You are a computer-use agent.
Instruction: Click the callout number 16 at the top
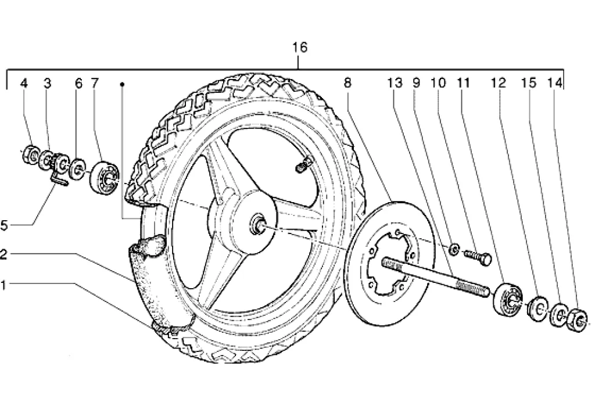[300, 48]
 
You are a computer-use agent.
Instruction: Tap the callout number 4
[24, 84]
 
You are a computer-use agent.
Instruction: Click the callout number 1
[5, 284]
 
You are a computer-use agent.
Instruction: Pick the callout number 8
[347, 84]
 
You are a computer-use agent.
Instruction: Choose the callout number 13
[395, 84]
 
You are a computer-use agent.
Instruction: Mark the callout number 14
[555, 84]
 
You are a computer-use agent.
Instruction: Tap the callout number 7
[95, 84]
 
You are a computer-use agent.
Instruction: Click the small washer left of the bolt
[453, 250]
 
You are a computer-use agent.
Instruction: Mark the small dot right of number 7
[122, 84]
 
